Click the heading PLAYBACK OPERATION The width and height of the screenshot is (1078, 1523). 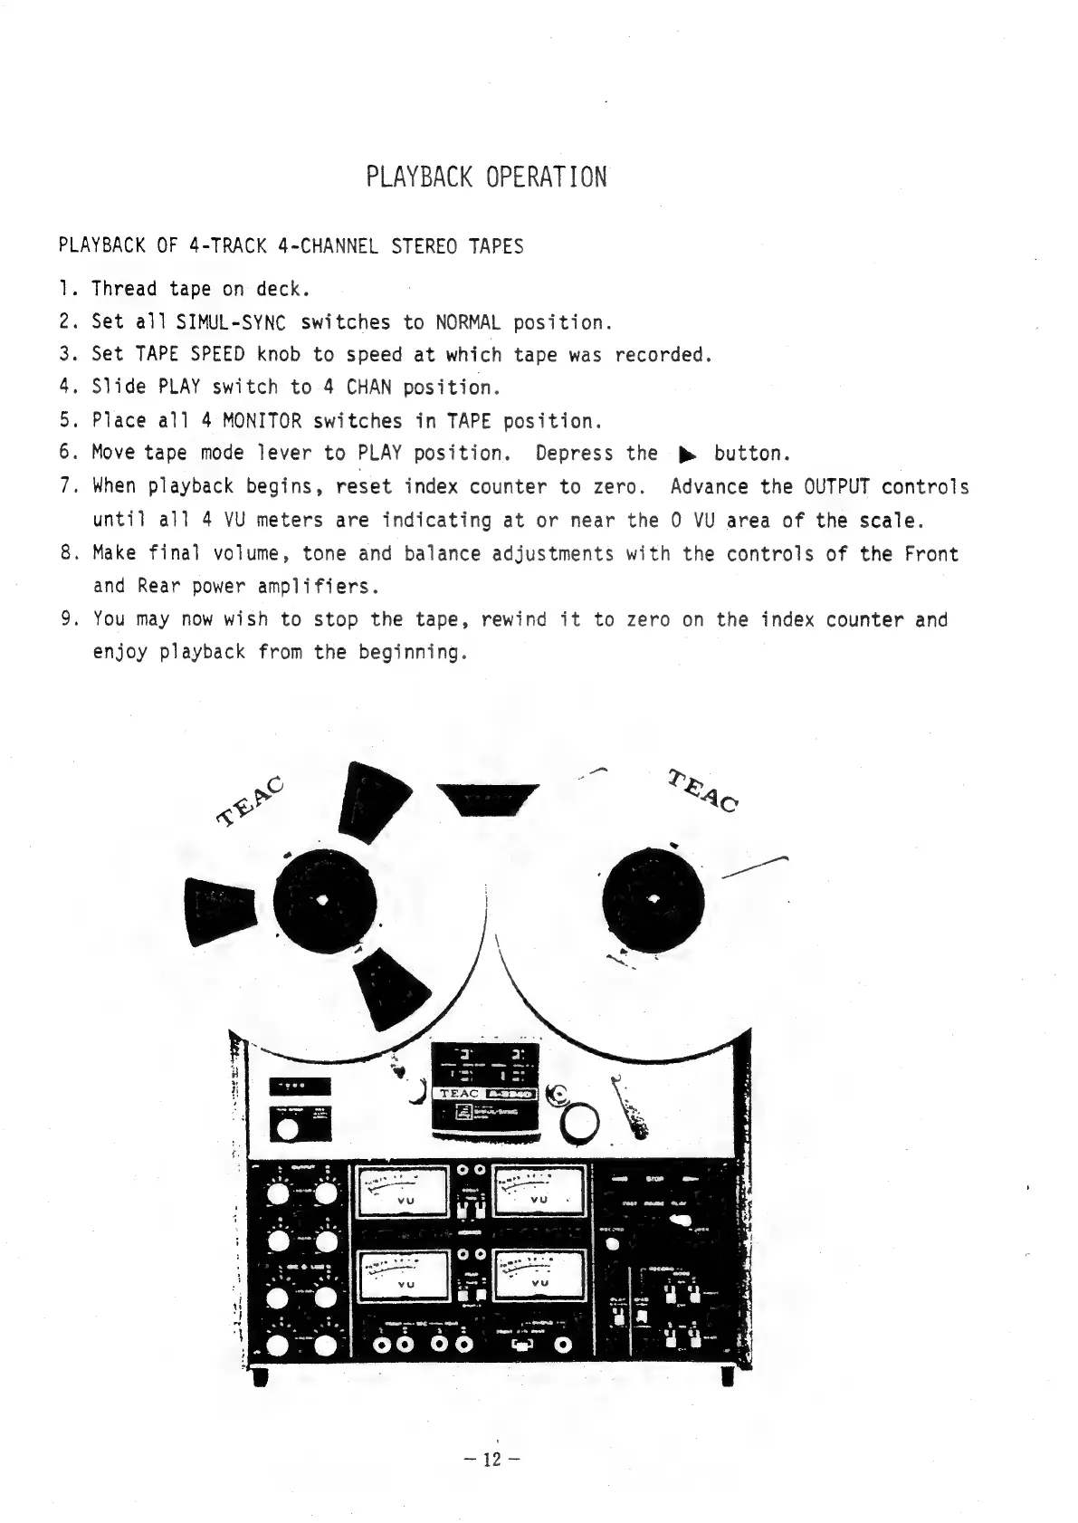(x=486, y=177)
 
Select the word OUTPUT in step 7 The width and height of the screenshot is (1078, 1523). (x=836, y=486)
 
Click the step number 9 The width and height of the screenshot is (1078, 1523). (x=66, y=620)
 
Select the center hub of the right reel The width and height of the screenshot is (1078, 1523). (x=653, y=898)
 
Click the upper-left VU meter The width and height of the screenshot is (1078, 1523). (x=404, y=1191)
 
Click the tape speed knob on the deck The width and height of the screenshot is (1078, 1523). (x=288, y=1129)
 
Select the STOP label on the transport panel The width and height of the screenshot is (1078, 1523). (x=655, y=1179)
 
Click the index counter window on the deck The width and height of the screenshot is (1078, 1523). (x=299, y=1086)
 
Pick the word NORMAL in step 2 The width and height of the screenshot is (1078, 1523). (x=468, y=322)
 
